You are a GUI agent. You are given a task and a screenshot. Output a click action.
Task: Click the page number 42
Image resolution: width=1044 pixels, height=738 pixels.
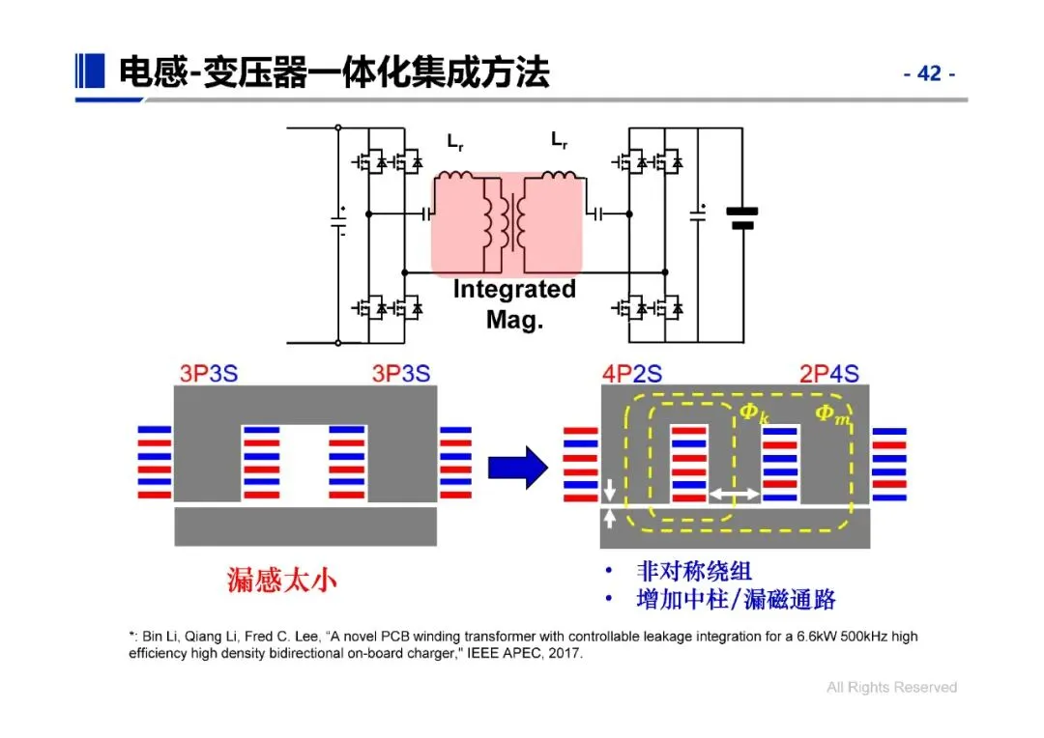coord(929,74)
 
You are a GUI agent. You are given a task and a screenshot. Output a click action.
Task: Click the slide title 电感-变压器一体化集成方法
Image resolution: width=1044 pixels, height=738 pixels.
coord(333,72)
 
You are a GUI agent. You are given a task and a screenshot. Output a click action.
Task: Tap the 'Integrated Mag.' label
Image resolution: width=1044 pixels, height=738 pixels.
coord(514,304)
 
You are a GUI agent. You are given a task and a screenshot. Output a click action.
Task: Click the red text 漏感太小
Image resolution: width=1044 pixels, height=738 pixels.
coord(282,580)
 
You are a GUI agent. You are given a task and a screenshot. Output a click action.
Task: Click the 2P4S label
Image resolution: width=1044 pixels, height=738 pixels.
coord(828,374)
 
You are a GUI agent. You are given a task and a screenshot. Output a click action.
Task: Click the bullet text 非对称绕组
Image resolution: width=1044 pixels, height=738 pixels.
coord(694,571)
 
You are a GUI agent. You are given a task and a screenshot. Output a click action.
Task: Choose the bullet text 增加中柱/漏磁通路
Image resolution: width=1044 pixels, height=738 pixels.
coord(736,600)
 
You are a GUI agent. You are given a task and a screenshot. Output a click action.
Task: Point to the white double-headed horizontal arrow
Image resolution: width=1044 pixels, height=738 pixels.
coord(734,494)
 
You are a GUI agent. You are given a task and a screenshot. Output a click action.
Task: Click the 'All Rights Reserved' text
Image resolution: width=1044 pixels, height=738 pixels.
coord(891,688)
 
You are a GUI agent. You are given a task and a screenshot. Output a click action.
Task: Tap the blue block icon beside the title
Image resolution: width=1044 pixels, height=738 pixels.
coord(90,70)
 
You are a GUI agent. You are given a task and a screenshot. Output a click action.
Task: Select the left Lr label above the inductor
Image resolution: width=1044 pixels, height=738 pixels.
coord(455,141)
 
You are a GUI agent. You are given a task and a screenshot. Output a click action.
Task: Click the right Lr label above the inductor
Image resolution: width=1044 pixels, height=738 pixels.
coord(560,141)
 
